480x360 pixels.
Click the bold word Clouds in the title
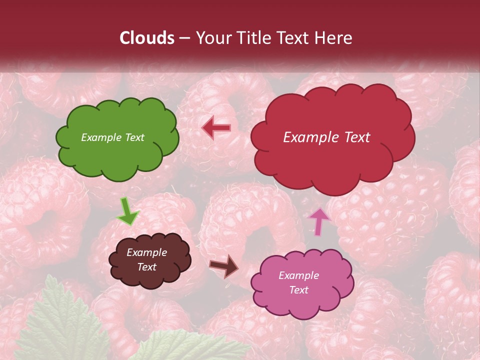click(147, 38)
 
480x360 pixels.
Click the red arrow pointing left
click(216, 128)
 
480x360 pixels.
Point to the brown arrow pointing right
click(224, 265)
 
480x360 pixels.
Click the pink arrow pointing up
click(319, 221)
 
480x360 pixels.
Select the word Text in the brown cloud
click(146, 267)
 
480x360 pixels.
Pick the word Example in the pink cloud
click(298, 275)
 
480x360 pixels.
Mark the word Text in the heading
click(295, 38)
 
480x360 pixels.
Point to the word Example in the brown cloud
click(146, 252)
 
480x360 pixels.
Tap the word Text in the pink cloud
click(298, 290)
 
